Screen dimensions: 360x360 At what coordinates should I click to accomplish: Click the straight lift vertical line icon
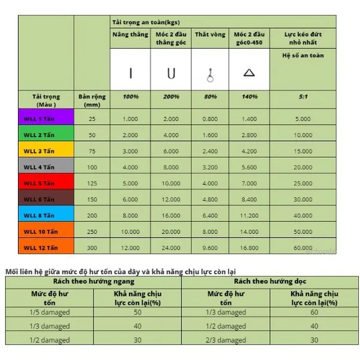pos(130,74)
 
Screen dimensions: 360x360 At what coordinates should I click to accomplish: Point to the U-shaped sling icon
pos(170,74)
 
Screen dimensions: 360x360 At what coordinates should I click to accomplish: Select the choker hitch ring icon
pos(210,75)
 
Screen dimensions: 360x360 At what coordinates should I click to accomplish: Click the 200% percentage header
pos(170,97)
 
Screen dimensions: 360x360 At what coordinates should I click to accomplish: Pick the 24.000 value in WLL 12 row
pos(170,247)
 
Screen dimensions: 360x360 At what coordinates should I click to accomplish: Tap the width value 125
pos(91,183)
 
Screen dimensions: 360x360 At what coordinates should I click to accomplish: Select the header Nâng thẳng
pos(130,35)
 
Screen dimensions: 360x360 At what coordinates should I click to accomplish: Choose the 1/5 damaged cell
pos(49,313)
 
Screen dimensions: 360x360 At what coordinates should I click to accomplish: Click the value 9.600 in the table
pos(209,247)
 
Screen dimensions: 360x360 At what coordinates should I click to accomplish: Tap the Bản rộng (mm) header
pos(91,100)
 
